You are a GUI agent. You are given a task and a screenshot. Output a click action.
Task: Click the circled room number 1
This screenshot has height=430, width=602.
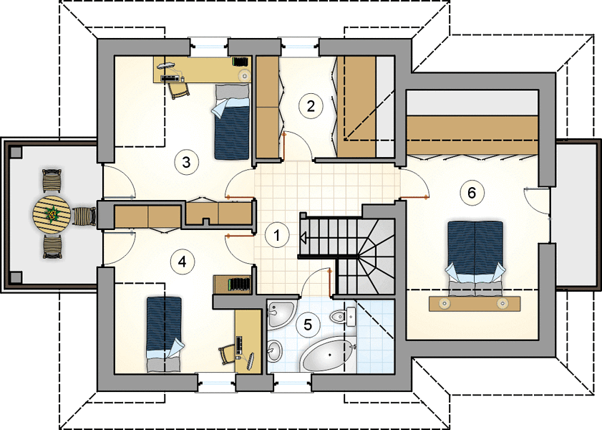(277, 235)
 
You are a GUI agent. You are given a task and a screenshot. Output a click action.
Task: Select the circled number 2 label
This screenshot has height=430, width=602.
(311, 105)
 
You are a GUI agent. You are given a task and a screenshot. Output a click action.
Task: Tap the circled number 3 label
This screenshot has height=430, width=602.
(186, 162)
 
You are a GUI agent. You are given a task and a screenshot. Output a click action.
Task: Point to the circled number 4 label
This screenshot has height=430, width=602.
(183, 262)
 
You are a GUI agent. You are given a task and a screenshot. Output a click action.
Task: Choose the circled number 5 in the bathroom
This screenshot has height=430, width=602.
(308, 325)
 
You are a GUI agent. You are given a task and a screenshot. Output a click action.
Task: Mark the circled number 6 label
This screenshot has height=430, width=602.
(472, 192)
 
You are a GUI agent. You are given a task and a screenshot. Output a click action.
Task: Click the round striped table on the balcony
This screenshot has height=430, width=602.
(52, 214)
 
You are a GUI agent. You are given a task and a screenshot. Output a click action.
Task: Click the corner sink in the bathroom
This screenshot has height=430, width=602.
(278, 314)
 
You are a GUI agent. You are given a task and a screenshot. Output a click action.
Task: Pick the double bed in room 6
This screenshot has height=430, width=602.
(475, 258)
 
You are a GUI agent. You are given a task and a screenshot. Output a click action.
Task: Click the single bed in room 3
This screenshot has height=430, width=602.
(232, 122)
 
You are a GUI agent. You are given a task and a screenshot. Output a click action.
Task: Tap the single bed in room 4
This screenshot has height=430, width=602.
(164, 334)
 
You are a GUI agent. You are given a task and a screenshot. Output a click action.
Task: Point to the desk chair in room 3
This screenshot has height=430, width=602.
(179, 90)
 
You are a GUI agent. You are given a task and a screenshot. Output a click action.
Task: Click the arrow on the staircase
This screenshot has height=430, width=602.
(302, 239)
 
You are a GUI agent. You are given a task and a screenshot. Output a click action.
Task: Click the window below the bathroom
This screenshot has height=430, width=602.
(292, 383)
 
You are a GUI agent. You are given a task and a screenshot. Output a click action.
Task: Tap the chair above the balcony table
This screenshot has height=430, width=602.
(52, 181)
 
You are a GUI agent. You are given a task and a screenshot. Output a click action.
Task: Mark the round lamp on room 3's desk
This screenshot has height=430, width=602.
(244, 75)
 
